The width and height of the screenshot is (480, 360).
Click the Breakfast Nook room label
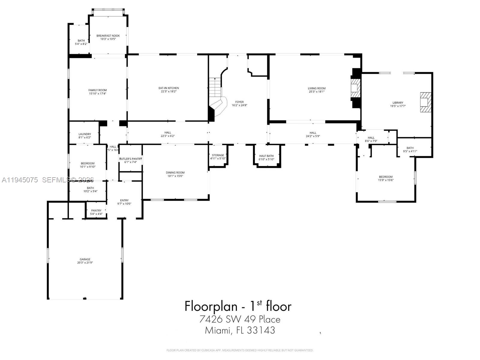click(x=108, y=36)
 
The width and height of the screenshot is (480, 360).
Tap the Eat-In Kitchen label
click(x=169, y=88)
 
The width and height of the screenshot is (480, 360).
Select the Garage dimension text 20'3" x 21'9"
click(x=85, y=263)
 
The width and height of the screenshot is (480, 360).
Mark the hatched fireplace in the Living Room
click(x=355, y=88)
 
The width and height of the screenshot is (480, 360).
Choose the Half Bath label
click(x=266, y=156)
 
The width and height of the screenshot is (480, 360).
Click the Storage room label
click(x=218, y=155)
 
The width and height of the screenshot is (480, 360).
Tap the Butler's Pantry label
click(x=130, y=159)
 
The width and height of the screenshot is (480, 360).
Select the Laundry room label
click(x=85, y=134)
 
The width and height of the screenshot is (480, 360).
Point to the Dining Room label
click(x=175, y=172)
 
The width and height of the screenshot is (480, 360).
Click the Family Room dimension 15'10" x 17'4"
click(x=97, y=94)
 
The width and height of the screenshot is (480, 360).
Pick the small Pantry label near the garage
click(x=96, y=210)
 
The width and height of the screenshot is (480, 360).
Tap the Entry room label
click(x=124, y=200)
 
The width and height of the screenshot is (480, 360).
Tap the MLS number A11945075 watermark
click(x=20, y=180)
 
